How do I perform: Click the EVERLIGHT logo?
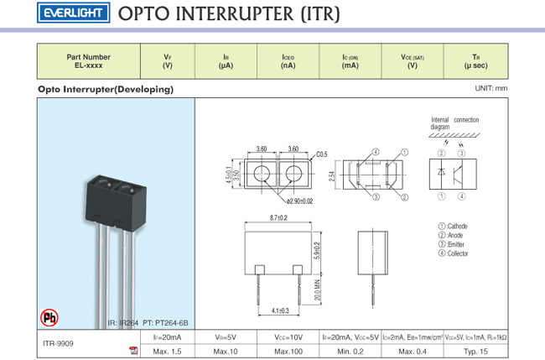[72, 13]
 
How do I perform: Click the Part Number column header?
[88, 61]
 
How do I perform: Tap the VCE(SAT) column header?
[412, 61]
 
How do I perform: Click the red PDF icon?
[133, 350]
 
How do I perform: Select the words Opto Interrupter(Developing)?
[106, 89]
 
